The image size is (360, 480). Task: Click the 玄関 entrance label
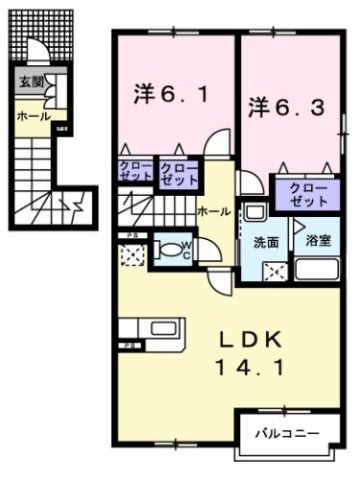coord(24,83)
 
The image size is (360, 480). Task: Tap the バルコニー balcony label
coord(285,434)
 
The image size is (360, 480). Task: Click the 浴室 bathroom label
coord(321,241)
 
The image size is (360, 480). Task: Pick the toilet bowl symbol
coord(168,248)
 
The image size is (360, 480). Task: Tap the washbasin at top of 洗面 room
coord(255,214)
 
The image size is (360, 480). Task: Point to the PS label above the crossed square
coord(130,237)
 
